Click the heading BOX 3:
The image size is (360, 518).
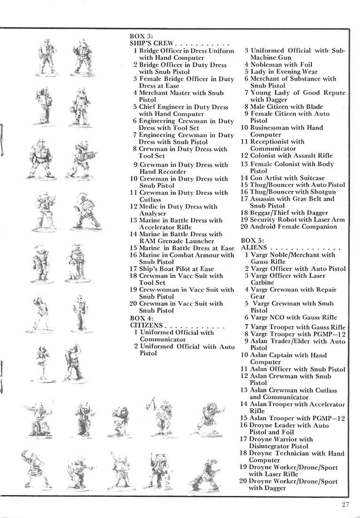141,36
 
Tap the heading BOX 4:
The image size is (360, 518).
141,318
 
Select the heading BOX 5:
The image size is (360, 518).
252,240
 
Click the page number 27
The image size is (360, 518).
347,505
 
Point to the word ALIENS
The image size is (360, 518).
254,247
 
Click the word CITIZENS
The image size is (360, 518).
146,325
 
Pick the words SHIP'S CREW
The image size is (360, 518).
152,43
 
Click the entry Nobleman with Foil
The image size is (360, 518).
281,65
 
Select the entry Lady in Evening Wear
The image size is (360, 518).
284,72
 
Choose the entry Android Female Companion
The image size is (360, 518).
293,226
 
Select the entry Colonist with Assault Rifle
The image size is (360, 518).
291,155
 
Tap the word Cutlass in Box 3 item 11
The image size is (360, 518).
150,200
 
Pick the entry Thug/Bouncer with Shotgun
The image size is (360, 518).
293,192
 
